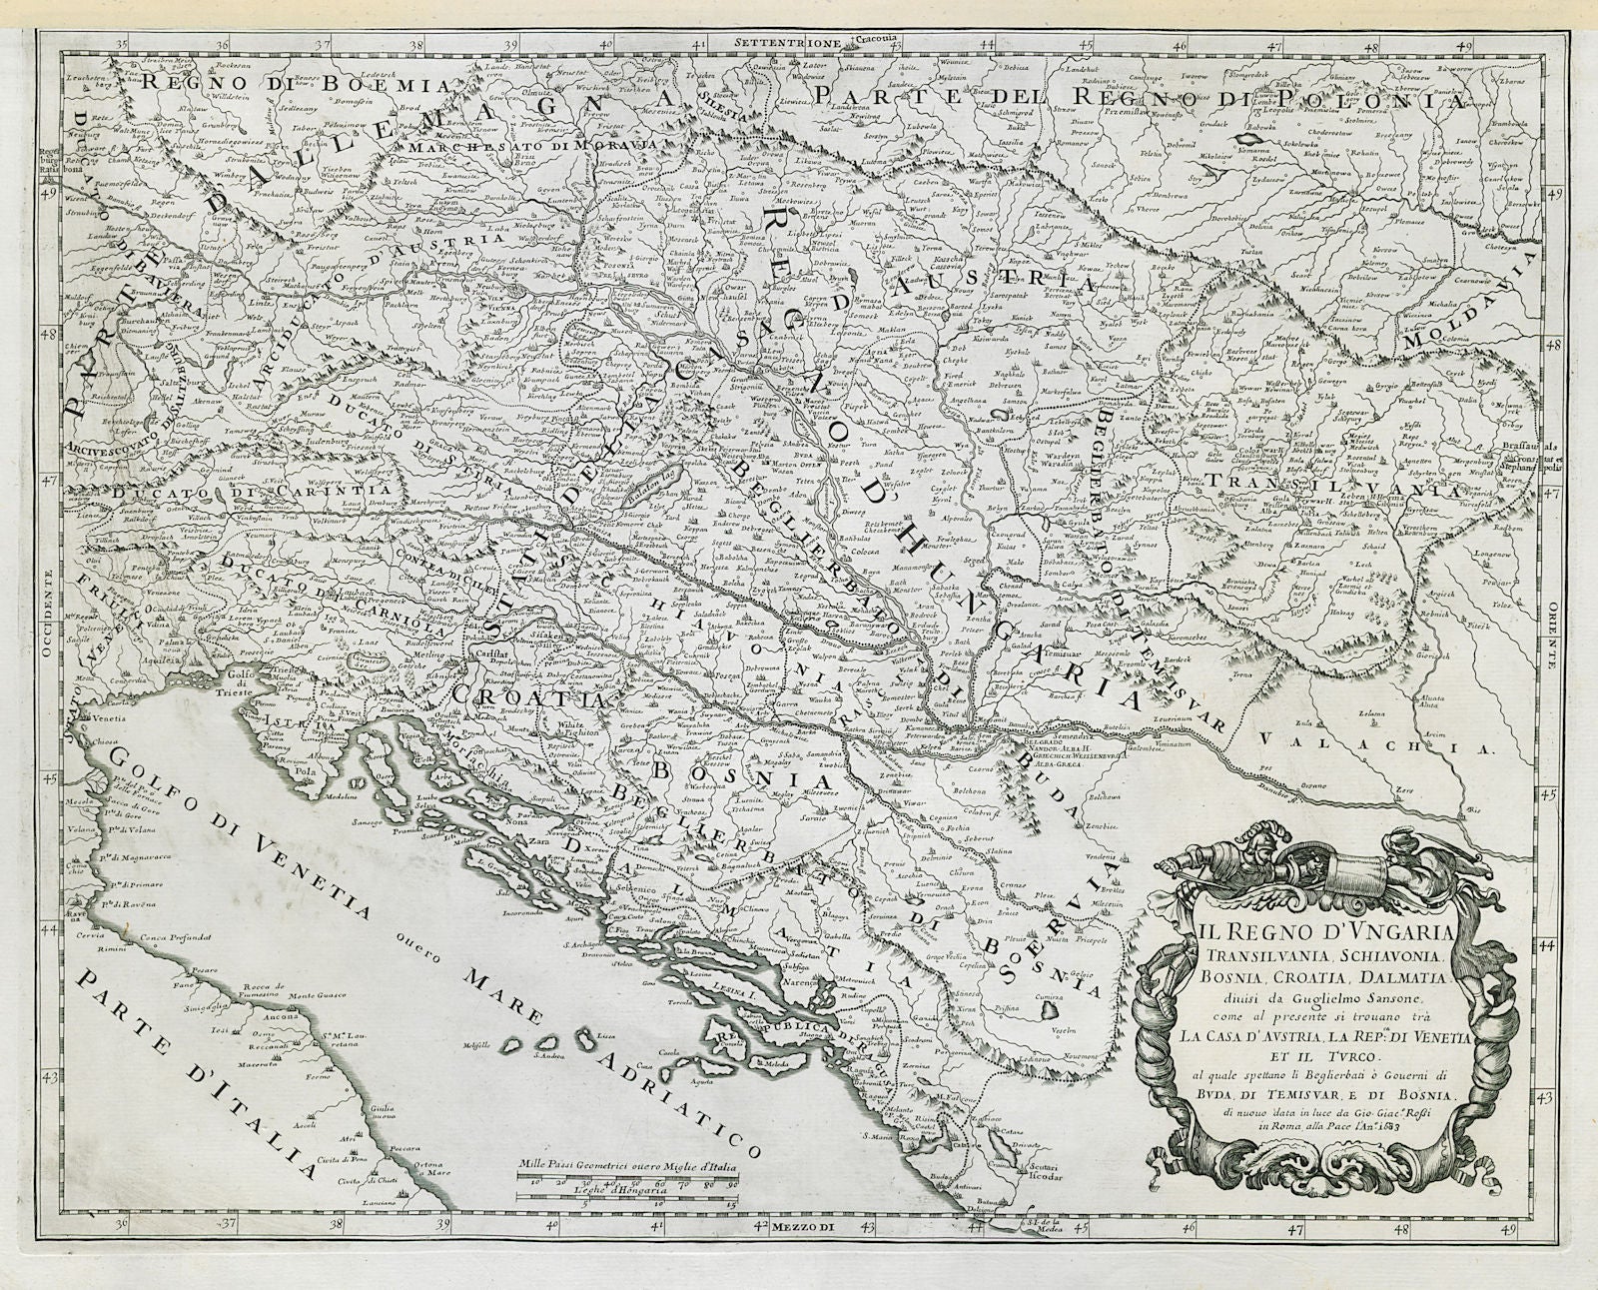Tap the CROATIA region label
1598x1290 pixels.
[x=530, y=694]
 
